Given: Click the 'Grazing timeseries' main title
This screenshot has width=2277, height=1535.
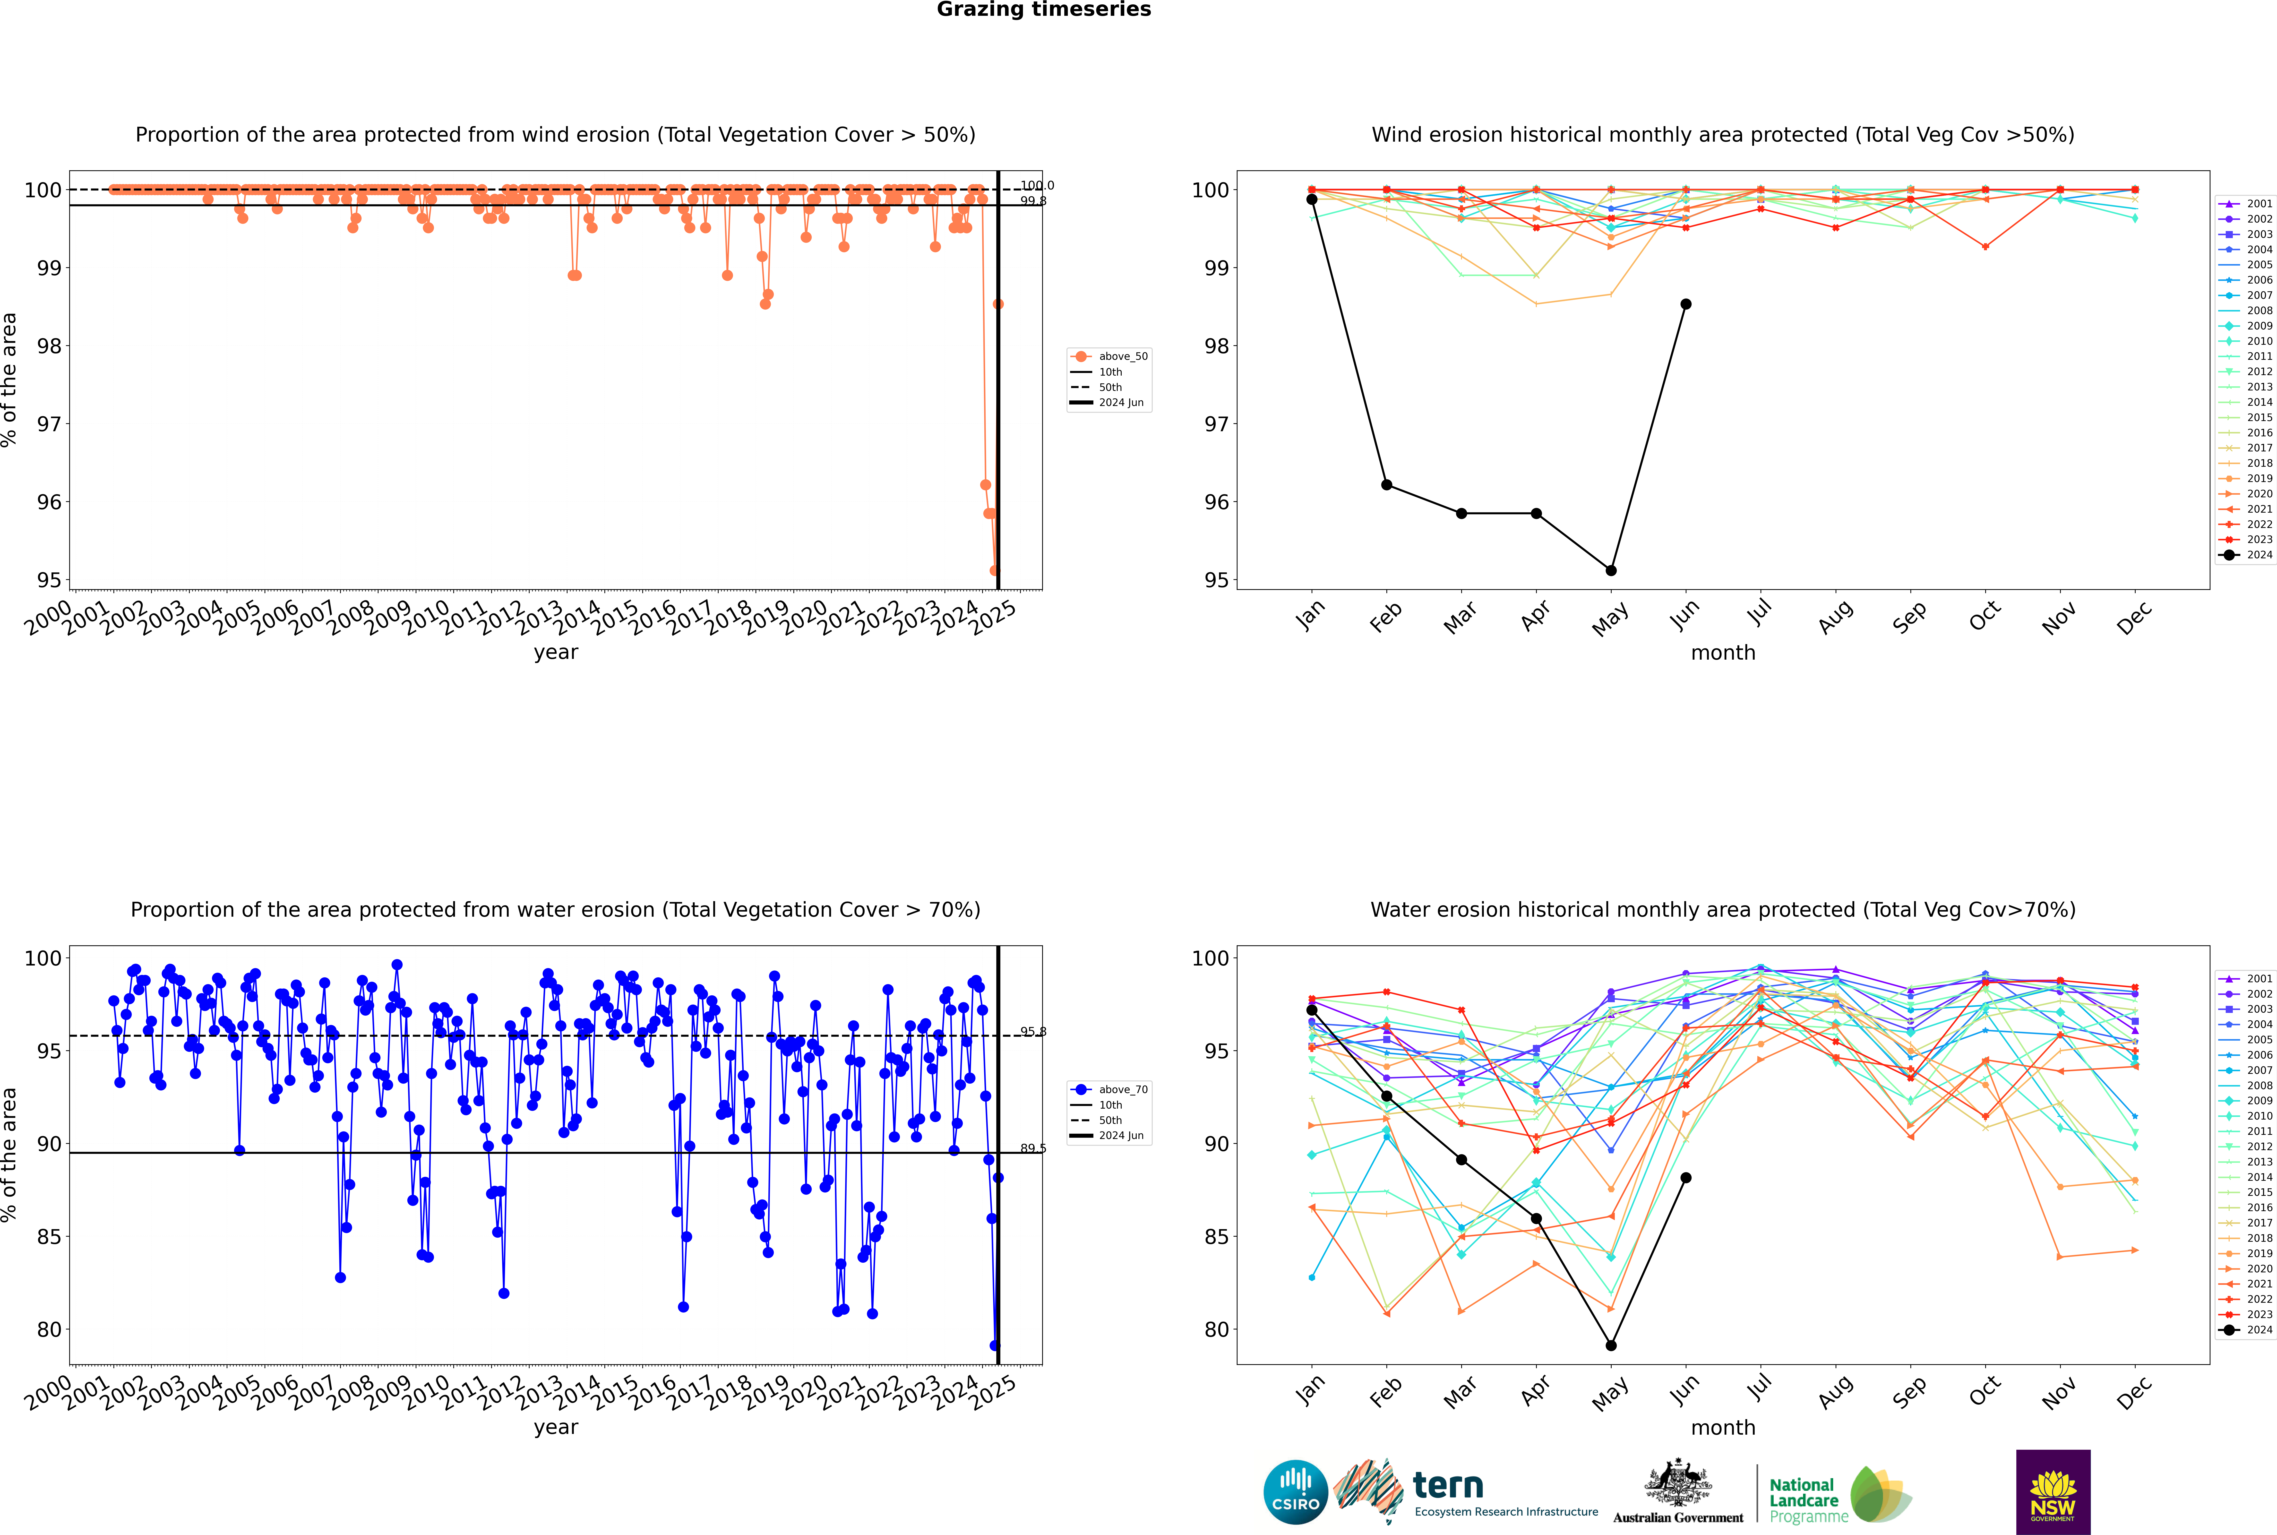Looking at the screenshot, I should coord(1044,10).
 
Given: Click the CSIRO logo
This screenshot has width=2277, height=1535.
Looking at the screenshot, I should coord(1295,1492).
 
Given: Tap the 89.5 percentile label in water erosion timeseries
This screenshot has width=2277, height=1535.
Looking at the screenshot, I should coord(1033,1148).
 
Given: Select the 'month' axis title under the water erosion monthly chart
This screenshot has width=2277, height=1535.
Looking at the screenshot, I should coord(1723,1427).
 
